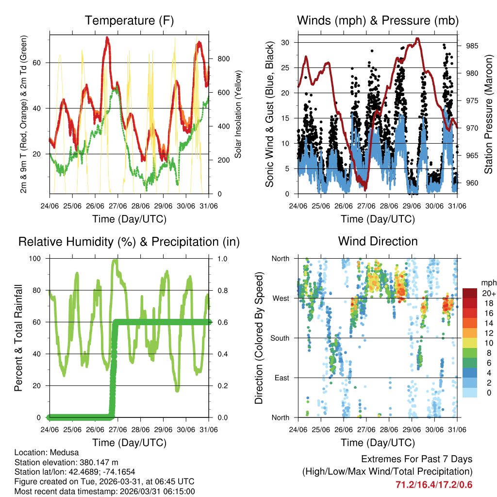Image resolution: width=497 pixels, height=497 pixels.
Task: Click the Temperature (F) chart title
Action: (129, 20)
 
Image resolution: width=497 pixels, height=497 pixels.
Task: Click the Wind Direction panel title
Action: (378, 241)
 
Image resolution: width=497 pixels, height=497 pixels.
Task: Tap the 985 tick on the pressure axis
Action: (472, 46)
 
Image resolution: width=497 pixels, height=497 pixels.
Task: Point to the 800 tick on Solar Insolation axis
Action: (223, 59)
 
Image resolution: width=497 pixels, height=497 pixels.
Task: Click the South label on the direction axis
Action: (280, 338)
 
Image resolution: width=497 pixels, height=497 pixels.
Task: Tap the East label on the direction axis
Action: (282, 378)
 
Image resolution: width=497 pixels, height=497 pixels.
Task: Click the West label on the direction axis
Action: (281, 298)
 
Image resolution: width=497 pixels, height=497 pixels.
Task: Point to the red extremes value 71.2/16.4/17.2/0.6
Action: (434, 484)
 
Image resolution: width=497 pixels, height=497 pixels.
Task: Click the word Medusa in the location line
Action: (60, 452)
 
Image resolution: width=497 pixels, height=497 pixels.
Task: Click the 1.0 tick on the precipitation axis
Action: (223, 258)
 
